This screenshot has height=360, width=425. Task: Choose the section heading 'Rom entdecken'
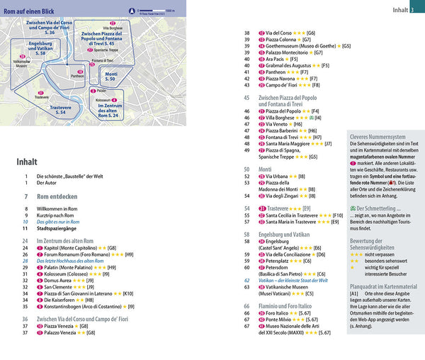[x=57, y=195]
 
